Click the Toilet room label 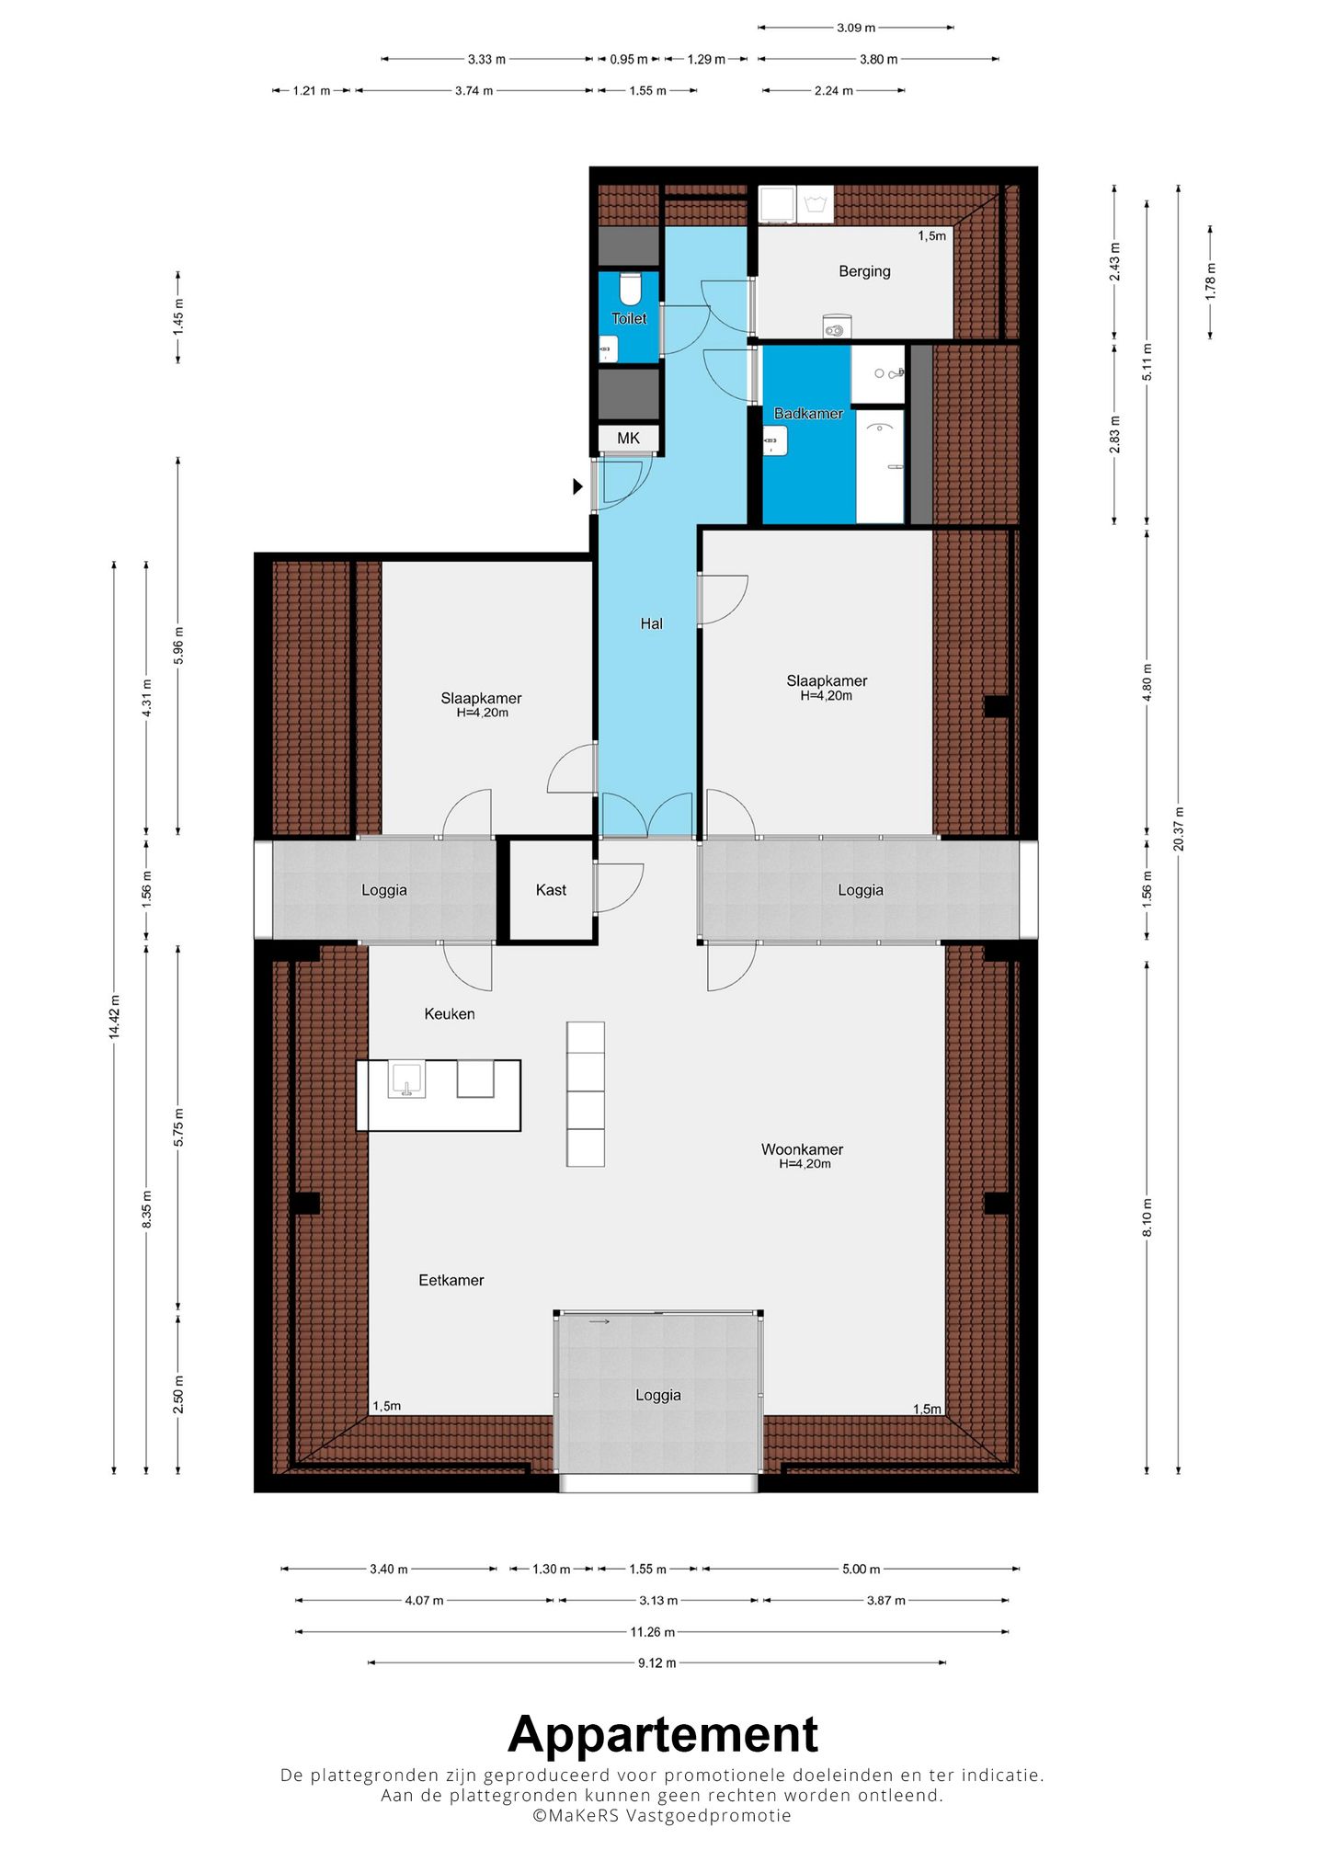pyautogui.click(x=629, y=319)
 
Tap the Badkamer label pyautogui.click(x=808, y=414)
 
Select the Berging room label pyautogui.click(x=864, y=271)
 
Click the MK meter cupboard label pyautogui.click(x=628, y=439)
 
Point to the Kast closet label pyautogui.click(x=551, y=890)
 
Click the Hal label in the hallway pyautogui.click(x=651, y=623)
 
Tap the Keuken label pyautogui.click(x=450, y=1014)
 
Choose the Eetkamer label pyautogui.click(x=451, y=1280)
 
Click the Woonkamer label pyautogui.click(x=802, y=1149)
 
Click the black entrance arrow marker pyautogui.click(x=578, y=486)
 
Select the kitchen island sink pyautogui.click(x=406, y=1079)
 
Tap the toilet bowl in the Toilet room pyautogui.click(x=630, y=289)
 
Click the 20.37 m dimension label pyautogui.click(x=1179, y=828)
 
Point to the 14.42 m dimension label pyautogui.click(x=114, y=1017)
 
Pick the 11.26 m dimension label pyautogui.click(x=652, y=1632)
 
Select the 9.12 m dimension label pyautogui.click(x=656, y=1662)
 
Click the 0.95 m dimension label pyautogui.click(x=628, y=60)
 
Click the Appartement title pyautogui.click(x=663, y=1735)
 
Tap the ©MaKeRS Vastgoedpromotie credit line pyautogui.click(x=662, y=1816)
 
